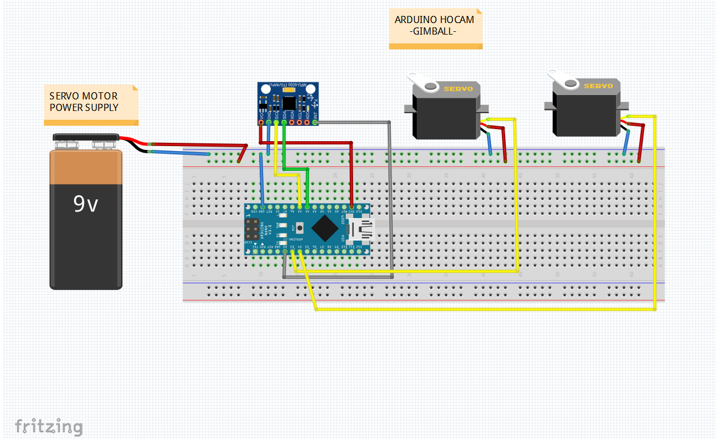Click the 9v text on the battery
pyautogui.click(x=86, y=204)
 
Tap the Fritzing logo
pyautogui.click(x=49, y=427)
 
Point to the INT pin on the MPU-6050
pyautogui.click(x=315, y=122)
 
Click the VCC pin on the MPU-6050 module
pyautogui.click(x=261, y=122)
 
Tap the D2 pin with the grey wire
pyautogui.click(x=284, y=252)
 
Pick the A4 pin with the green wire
pyautogui.click(x=307, y=207)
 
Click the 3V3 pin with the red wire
pyautogui.click(x=351, y=207)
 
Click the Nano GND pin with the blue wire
pyautogui.click(x=262, y=207)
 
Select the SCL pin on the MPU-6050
pyautogui.click(x=276, y=122)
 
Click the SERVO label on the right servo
pyautogui.click(x=598, y=86)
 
